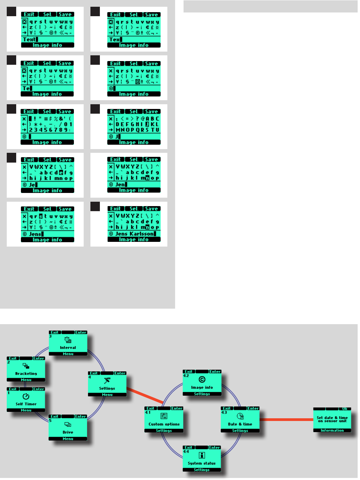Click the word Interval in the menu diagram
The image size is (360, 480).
point(68,347)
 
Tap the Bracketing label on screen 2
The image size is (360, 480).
point(26,373)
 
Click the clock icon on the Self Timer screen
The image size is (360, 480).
point(26,396)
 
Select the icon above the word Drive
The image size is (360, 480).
point(67,425)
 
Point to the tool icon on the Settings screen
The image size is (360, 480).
point(107,381)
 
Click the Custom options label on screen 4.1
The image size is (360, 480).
point(164,424)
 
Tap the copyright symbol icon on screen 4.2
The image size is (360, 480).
point(202,380)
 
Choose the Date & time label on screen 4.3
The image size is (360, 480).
point(240,424)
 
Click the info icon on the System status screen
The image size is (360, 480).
point(202,455)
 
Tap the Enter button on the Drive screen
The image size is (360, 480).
point(81,417)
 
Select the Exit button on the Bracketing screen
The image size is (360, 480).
point(13,359)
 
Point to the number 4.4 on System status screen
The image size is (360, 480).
point(186,451)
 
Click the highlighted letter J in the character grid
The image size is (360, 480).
point(147,124)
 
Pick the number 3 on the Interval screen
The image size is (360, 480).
point(51,336)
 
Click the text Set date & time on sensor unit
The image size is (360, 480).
point(332,419)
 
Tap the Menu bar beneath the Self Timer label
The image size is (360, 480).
point(26,410)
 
